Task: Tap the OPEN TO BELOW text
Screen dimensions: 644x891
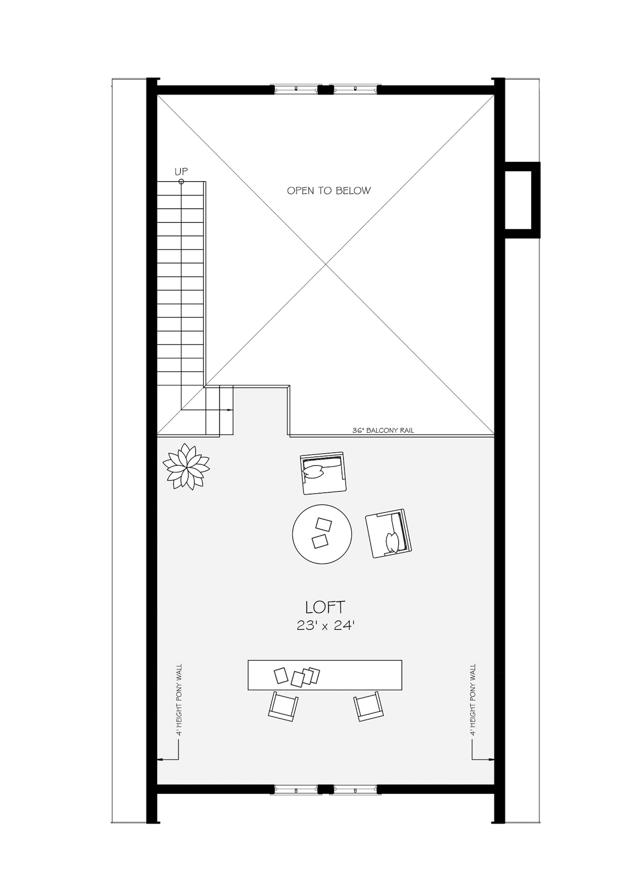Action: coord(329,191)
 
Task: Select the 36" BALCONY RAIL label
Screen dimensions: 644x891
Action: coord(383,431)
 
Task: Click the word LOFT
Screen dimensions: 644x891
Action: coord(325,607)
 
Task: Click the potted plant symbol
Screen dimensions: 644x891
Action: coord(186,467)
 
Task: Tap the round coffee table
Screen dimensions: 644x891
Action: coord(322,534)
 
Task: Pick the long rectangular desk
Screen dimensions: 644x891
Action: coord(325,675)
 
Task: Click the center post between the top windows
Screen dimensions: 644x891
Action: coord(323,90)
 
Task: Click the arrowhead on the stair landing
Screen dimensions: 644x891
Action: coord(230,410)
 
